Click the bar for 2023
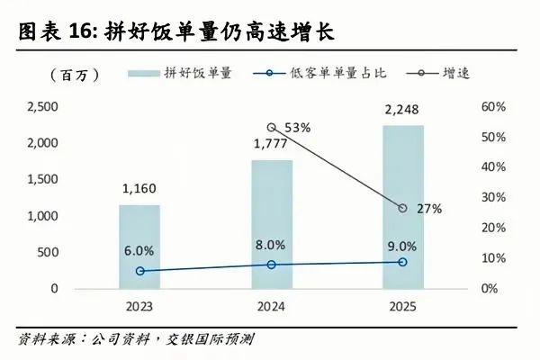pyautogui.click(x=139, y=247)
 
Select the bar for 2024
pyautogui.click(x=271, y=224)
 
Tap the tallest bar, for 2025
pyautogui.click(x=402, y=207)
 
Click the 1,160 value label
pyautogui.click(x=139, y=190)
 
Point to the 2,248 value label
pyautogui.click(x=402, y=111)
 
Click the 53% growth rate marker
pyautogui.click(x=272, y=128)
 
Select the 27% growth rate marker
pyautogui.click(x=402, y=208)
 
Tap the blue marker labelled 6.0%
pyautogui.click(x=139, y=271)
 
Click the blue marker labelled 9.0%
pyautogui.click(x=402, y=262)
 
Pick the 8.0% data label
pyautogui.click(x=271, y=245)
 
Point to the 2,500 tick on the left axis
pyautogui.click(x=41, y=107)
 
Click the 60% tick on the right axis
pyautogui.click(x=494, y=107)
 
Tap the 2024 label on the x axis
pyautogui.click(x=271, y=306)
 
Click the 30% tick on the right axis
pyautogui.click(x=494, y=198)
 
